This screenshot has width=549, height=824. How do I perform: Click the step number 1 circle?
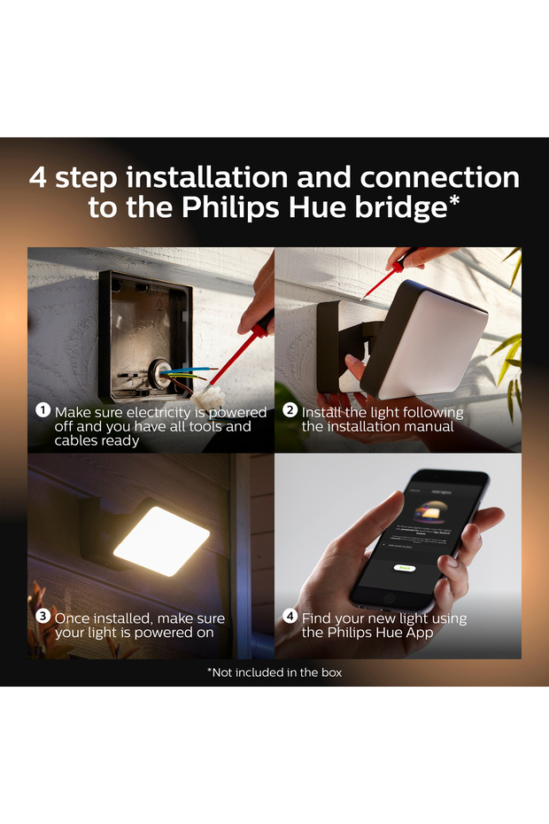click(x=43, y=410)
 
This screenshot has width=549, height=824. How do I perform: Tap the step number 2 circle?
click(x=290, y=410)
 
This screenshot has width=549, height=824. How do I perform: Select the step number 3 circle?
click(x=43, y=616)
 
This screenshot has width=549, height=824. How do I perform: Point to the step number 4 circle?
click(x=290, y=616)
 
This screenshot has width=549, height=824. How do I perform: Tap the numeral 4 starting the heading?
click(x=38, y=177)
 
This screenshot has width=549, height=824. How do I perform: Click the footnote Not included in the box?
click(x=274, y=672)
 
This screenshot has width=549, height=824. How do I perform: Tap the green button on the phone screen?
click(x=405, y=568)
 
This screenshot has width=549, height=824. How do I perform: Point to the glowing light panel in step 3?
click(x=161, y=540)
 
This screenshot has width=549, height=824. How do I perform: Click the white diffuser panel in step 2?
click(x=432, y=344)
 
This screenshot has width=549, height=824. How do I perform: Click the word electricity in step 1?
click(x=159, y=413)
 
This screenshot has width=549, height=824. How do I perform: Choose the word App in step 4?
click(x=419, y=633)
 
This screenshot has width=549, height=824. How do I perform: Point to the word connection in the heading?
click(x=440, y=177)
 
